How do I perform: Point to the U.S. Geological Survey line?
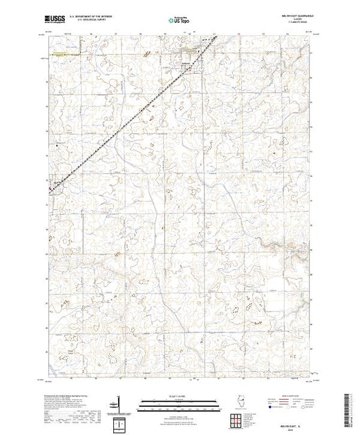84,22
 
